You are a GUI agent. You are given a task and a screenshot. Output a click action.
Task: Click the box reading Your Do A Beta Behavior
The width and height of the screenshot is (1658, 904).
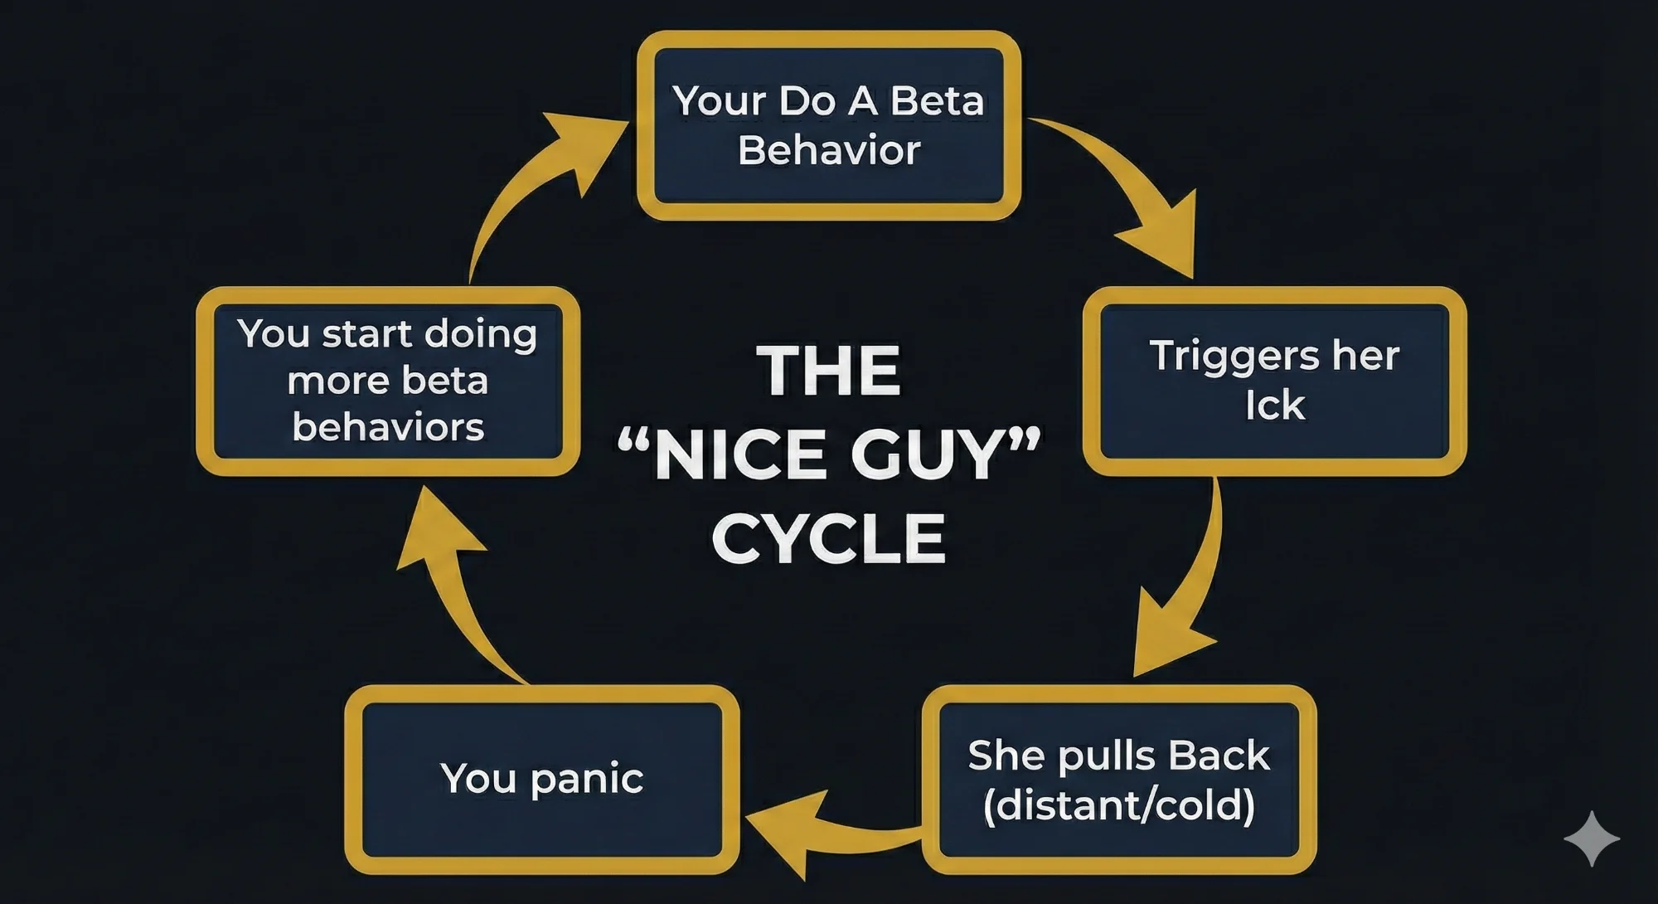pos(828,125)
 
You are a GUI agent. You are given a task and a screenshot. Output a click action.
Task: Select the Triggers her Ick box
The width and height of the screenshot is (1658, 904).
pos(1274,381)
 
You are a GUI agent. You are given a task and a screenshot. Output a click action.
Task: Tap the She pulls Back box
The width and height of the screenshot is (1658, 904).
pos(1118,780)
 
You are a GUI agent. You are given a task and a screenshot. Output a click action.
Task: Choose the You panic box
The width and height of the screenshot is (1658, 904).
pos(541,780)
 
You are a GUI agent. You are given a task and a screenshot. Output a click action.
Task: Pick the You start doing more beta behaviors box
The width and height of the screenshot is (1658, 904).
pos(387,381)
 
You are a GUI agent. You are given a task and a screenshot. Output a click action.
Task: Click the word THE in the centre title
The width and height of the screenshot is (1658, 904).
pos(828,371)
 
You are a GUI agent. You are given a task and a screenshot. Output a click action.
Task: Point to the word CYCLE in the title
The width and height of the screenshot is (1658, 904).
pos(828,539)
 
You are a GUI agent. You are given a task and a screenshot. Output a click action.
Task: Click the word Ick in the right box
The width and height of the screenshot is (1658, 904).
pos(1274,406)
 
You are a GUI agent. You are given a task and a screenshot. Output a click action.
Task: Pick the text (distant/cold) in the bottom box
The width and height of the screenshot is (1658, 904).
pos(1118,805)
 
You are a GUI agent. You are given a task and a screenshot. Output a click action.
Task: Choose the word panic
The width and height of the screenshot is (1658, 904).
pos(587,780)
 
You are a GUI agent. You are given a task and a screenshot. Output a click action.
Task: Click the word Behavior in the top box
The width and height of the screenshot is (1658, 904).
pos(828,151)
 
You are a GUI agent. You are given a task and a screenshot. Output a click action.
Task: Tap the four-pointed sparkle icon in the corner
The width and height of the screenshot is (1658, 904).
pos(1591,838)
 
